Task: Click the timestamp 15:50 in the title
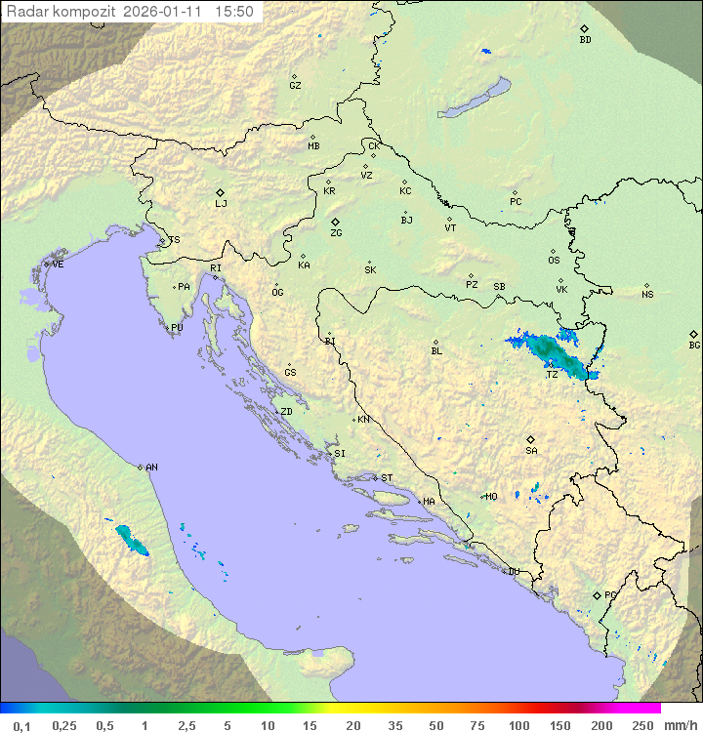234,12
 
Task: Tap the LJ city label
221,204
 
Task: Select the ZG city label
336,233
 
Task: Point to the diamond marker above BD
584,29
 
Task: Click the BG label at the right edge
694,346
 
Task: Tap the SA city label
531,451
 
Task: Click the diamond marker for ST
375,477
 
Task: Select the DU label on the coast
513,572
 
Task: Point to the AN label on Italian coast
151,468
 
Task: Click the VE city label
58,265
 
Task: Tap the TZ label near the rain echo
552,375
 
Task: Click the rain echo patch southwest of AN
130,538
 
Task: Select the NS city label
647,295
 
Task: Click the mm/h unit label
681,725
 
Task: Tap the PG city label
610,594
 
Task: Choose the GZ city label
295,86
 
